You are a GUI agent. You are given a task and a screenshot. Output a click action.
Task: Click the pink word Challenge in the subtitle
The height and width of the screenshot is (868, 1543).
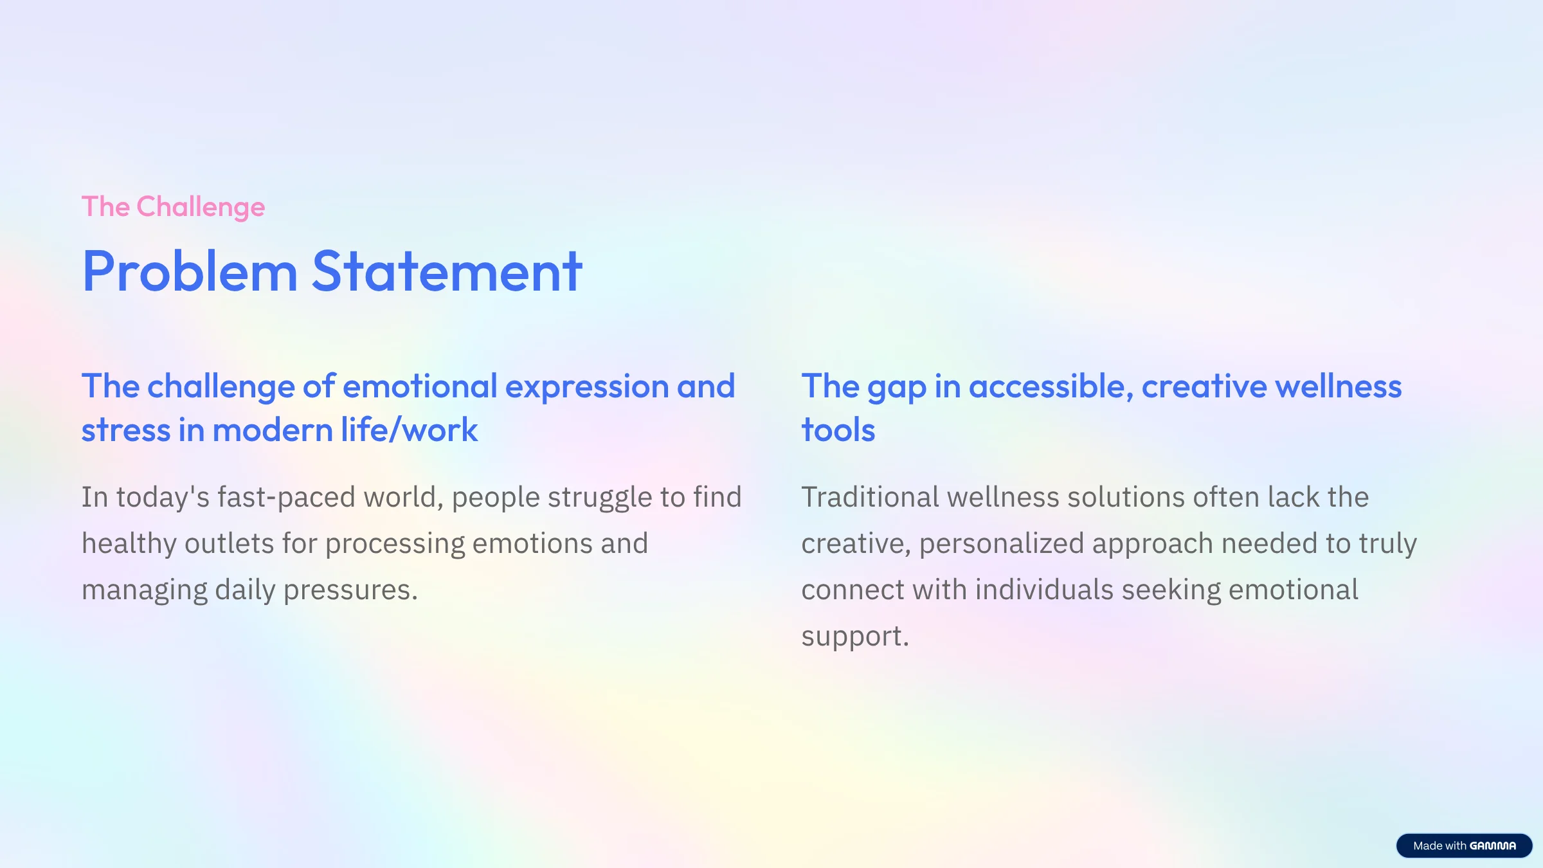[x=201, y=207]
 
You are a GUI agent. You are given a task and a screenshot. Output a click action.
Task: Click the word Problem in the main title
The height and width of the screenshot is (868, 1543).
[x=190, y=271]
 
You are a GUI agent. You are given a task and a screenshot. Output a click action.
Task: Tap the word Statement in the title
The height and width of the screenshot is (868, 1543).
[x=447, y=271]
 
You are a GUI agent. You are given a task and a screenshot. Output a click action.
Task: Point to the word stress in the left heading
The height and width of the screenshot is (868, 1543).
[x=126, y=430]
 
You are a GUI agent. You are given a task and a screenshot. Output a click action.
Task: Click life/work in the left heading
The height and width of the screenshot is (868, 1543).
[x=410, y=429]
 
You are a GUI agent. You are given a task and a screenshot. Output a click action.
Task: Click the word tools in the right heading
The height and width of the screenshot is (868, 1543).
[x=838, y=429]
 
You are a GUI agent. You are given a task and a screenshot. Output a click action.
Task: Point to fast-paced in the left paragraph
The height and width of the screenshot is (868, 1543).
[x=286, y=498]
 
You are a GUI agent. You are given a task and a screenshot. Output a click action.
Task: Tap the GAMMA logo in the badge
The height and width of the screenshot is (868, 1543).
[x=1493, y=846]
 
